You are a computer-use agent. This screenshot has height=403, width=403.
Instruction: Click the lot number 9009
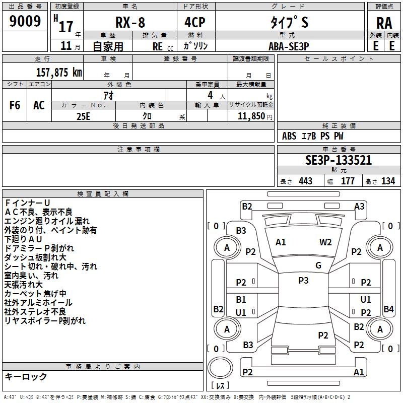point(25,21)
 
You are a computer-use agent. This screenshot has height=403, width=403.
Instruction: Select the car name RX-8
point(129,23)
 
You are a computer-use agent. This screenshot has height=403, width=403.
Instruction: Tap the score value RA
point(384,23)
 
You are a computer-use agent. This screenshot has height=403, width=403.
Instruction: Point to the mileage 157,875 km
point(58,73)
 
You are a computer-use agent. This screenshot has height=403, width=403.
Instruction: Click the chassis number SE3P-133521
point(339,161)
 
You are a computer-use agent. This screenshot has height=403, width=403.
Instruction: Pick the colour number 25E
point(83,115)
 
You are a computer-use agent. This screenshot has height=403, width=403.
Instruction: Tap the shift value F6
point(15,105)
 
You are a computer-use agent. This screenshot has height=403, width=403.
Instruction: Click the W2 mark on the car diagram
point(325,242)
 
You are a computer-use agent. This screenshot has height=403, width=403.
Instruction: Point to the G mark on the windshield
point(318,265)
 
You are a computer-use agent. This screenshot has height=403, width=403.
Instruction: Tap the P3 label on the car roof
point(303,281)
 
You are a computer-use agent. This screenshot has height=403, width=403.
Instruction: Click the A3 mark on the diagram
point(359,206)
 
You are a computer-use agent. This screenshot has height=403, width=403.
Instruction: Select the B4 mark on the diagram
point(388,309)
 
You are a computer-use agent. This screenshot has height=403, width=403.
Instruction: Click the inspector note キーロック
point(26,377)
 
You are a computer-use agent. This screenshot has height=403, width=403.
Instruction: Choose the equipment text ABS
point(289,136)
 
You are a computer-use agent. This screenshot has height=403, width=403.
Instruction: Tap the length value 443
point(305,181)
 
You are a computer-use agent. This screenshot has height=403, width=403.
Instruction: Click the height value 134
point(388,181)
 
